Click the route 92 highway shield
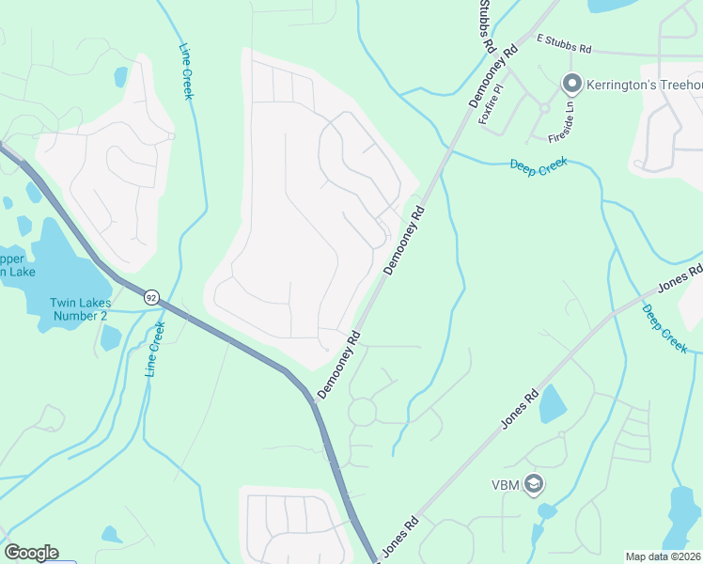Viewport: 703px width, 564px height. [151, 297]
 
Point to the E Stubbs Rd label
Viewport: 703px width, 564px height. [564, 43]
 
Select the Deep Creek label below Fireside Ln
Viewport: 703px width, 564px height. [538, 165]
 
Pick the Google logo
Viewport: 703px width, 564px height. [31, 553]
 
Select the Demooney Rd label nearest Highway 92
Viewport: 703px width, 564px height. [338, 363]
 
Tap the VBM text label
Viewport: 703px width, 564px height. [506, 485]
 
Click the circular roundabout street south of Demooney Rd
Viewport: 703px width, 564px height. [362, 412]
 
